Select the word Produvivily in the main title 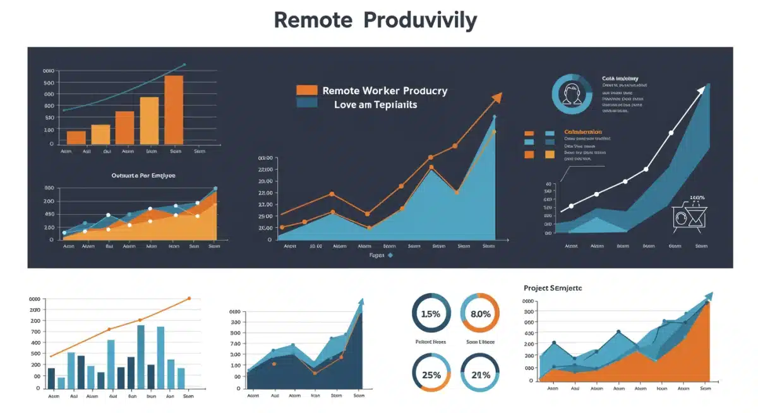click(x=420, y=21)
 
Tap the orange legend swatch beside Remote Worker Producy click(x=306, y=90)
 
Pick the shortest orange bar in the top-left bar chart click(x=76, y=137)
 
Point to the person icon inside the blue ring click(x=572, y=94)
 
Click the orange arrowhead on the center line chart click(x=497, y=97)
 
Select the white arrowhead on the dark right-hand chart click(x=701, y=91)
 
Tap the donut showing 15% click(x=431, y=313)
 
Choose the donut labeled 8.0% click(x=480, y=313)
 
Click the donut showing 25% click(x=431, y=374)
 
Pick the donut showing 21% click(x=480, y=374)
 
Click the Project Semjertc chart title click(x=553, y=288)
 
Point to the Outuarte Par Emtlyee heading click(x=143, y=175)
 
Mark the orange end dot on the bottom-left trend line click(x=189, y=298)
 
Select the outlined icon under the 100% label click(x=689, y=217)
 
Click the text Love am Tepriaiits click(x=375, y=105)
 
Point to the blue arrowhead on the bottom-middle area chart click(x=361, y=302)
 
